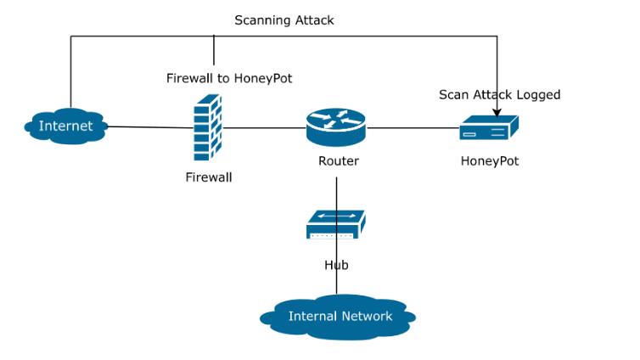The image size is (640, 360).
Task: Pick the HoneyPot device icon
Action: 489,129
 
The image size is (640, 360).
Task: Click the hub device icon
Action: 336,225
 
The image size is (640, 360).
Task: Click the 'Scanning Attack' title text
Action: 284,20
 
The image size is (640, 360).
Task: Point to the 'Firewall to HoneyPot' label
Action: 229,78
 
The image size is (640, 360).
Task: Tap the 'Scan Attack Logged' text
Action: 499,94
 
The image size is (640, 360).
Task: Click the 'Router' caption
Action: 338,160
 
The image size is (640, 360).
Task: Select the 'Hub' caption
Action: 336,265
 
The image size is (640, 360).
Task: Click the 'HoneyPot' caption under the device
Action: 489,160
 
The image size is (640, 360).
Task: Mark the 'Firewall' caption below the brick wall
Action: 208,177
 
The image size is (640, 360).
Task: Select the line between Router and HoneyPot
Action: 413,128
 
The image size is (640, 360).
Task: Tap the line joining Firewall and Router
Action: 263,128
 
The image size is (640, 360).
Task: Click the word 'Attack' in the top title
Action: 313,20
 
